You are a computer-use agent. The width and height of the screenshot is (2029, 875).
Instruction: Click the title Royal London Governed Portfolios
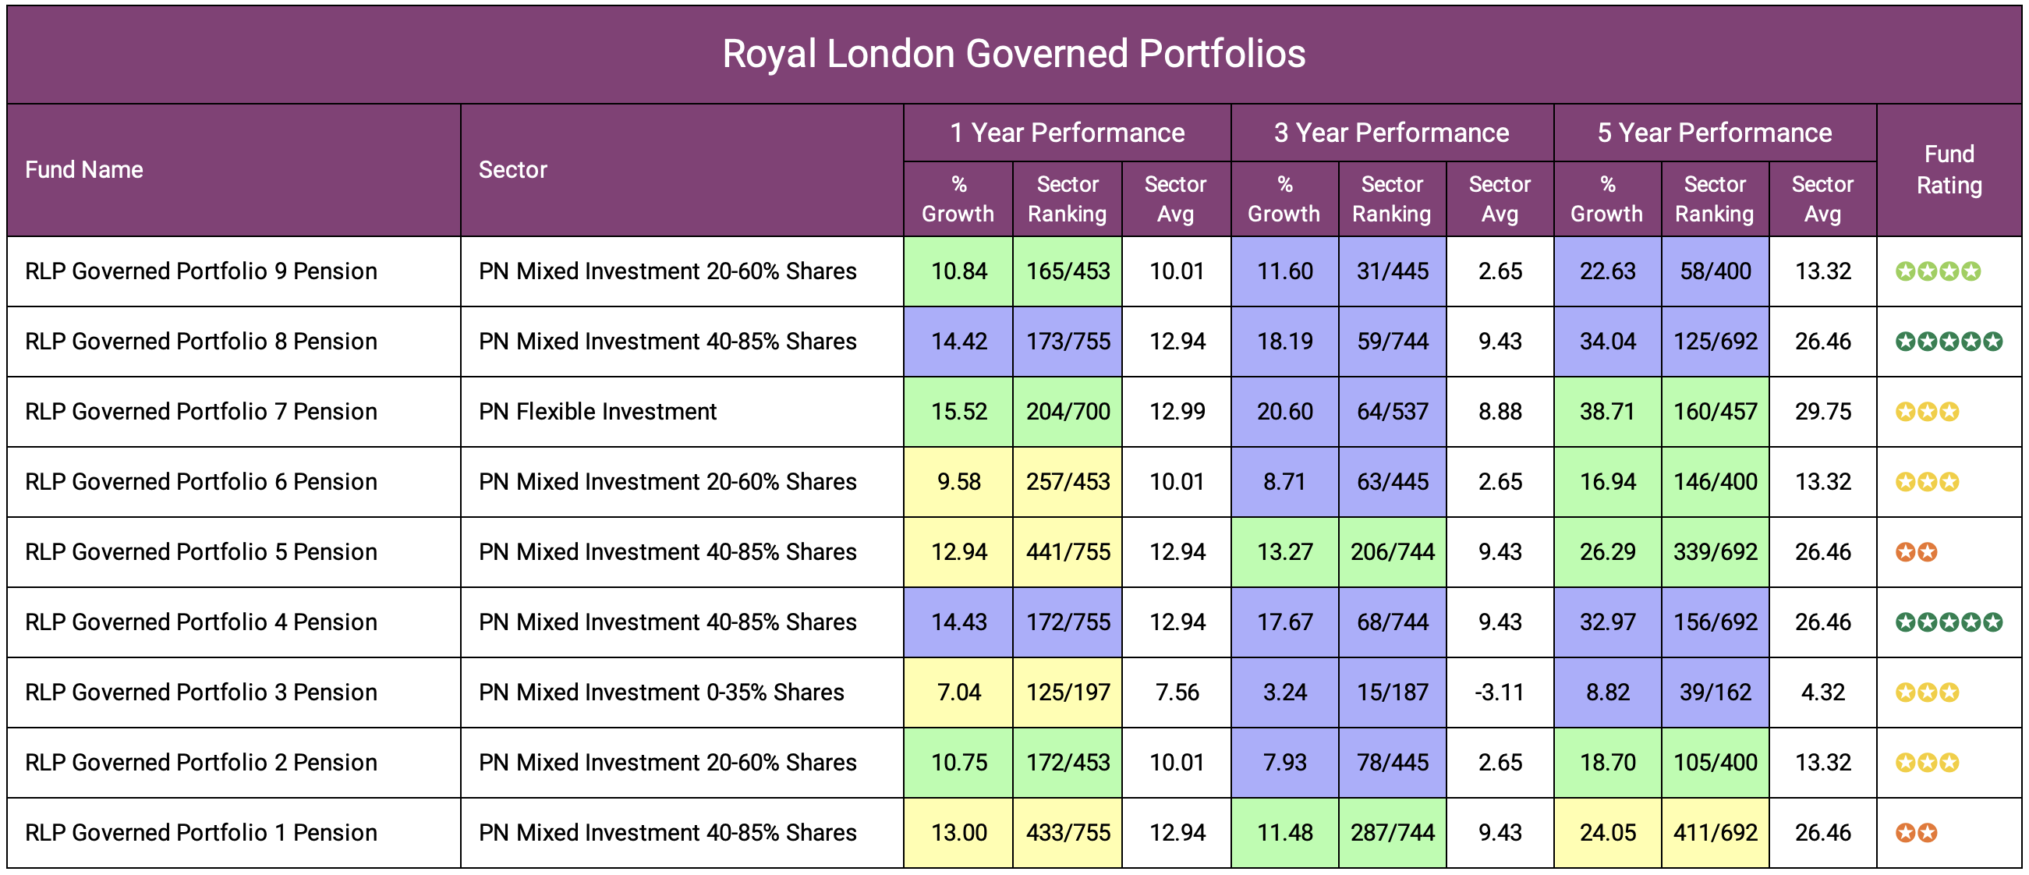point(1014,55)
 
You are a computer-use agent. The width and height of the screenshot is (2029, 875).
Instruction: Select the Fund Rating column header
point(1949,170)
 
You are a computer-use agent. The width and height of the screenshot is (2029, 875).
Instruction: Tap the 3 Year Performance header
point(1391,133)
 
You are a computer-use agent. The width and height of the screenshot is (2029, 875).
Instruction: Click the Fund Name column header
point(84,170)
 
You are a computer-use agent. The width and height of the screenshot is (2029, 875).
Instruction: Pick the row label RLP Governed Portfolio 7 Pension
point(201,412)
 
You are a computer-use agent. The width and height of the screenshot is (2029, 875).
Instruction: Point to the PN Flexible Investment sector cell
point(598,412)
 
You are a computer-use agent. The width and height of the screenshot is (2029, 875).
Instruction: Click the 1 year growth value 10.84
point(958,271)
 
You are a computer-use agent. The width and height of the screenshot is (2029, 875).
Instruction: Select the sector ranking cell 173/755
point(1068,342)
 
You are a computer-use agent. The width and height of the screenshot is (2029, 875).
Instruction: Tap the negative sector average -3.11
point(1500,693)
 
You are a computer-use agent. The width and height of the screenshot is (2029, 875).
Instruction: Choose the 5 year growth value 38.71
point(1608,412)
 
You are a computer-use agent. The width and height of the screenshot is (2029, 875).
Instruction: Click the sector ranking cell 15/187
point(1392,693)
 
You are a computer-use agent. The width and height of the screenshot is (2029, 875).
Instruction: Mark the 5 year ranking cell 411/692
point(1715,832)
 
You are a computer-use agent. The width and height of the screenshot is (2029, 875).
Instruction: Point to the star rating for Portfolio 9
point(1938,271)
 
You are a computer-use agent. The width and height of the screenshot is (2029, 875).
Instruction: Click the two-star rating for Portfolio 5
point(1916,552)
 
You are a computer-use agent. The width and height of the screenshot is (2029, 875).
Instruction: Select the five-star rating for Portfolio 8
point(1949,342)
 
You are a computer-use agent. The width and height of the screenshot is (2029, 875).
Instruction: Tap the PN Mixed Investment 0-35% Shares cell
point(660,693)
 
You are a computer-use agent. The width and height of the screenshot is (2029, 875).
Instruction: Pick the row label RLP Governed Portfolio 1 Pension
point(201,832)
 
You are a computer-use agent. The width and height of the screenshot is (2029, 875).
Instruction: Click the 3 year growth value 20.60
point(1284,412)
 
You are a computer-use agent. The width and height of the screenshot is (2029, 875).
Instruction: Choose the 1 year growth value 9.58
point(958,482)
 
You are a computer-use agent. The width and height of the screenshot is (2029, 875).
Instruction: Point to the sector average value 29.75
point(1822,412)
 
